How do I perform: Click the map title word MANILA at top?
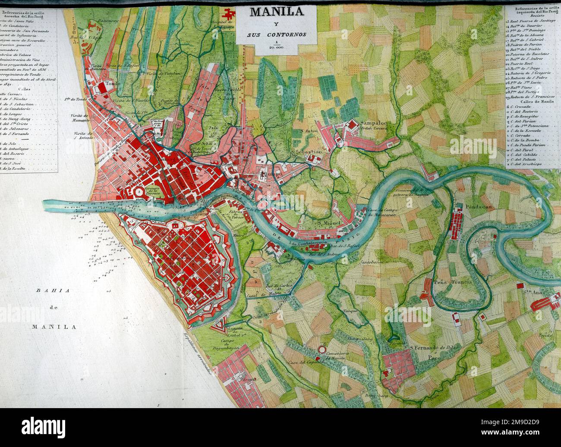pos(276,11)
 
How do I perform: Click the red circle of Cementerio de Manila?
pos(321,349)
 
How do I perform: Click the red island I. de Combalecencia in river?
pos(309,246)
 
